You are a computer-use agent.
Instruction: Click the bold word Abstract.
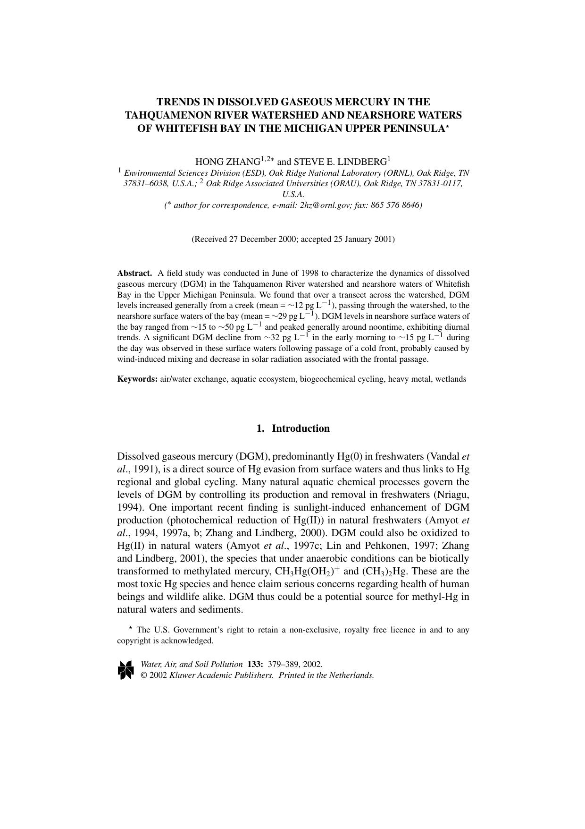point(134,273)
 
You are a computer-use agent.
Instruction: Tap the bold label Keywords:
point(137,379)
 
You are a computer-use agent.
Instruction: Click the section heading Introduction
point(301,428)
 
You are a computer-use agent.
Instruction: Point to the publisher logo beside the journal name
point(126,670)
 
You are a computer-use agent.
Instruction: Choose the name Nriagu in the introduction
point(451,495)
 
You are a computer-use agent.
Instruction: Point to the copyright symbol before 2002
point(144,675)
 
